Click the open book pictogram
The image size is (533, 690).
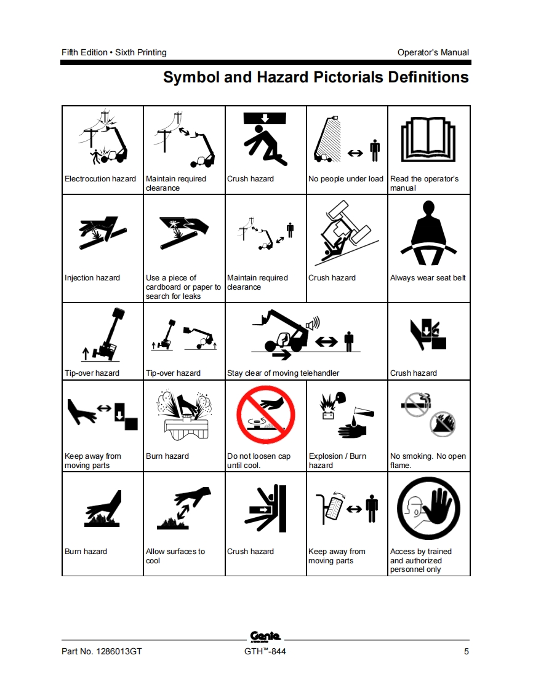click(x=428, y=139)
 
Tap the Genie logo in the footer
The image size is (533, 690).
click(x=265, y=636)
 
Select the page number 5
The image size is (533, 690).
click(x=467, y=651)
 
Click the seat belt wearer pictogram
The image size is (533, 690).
click(x=428, y=232)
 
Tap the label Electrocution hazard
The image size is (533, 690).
click(x=100, y=179)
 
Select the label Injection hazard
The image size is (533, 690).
click(x=92, y=278)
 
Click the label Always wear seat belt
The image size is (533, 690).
click(x=428, y=278)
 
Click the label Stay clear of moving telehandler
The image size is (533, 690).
click(x=283, y=373)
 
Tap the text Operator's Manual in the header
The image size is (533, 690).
click(x=433, y=52)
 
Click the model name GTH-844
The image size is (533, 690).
click(x=265, y=651)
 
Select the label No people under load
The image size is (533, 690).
click(x=346, y=179)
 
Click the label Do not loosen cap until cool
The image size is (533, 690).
click(x=258, y=461)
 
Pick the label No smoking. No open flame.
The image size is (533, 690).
click(x=428, y=461)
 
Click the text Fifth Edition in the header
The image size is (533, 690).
click(x=84, y=52)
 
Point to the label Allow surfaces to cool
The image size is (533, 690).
click(x=175, y=556)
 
